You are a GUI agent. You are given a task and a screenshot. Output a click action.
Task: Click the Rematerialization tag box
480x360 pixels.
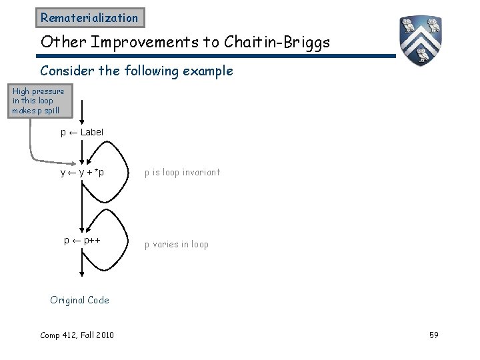(x=89, y=18)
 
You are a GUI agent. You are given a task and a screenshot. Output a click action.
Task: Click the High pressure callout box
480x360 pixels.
(x=38, y=101)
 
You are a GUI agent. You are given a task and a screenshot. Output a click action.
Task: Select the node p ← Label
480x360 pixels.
(x=82, y=132)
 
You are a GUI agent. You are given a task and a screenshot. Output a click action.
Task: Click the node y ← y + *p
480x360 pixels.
(x=82, y=173)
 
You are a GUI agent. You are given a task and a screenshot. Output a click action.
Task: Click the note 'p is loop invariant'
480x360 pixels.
(x=182, y=173)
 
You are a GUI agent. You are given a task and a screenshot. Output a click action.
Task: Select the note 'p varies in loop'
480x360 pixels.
(x=177, y=244)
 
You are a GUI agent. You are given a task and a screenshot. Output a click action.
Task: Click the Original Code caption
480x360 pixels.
(x=79, y=300)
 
